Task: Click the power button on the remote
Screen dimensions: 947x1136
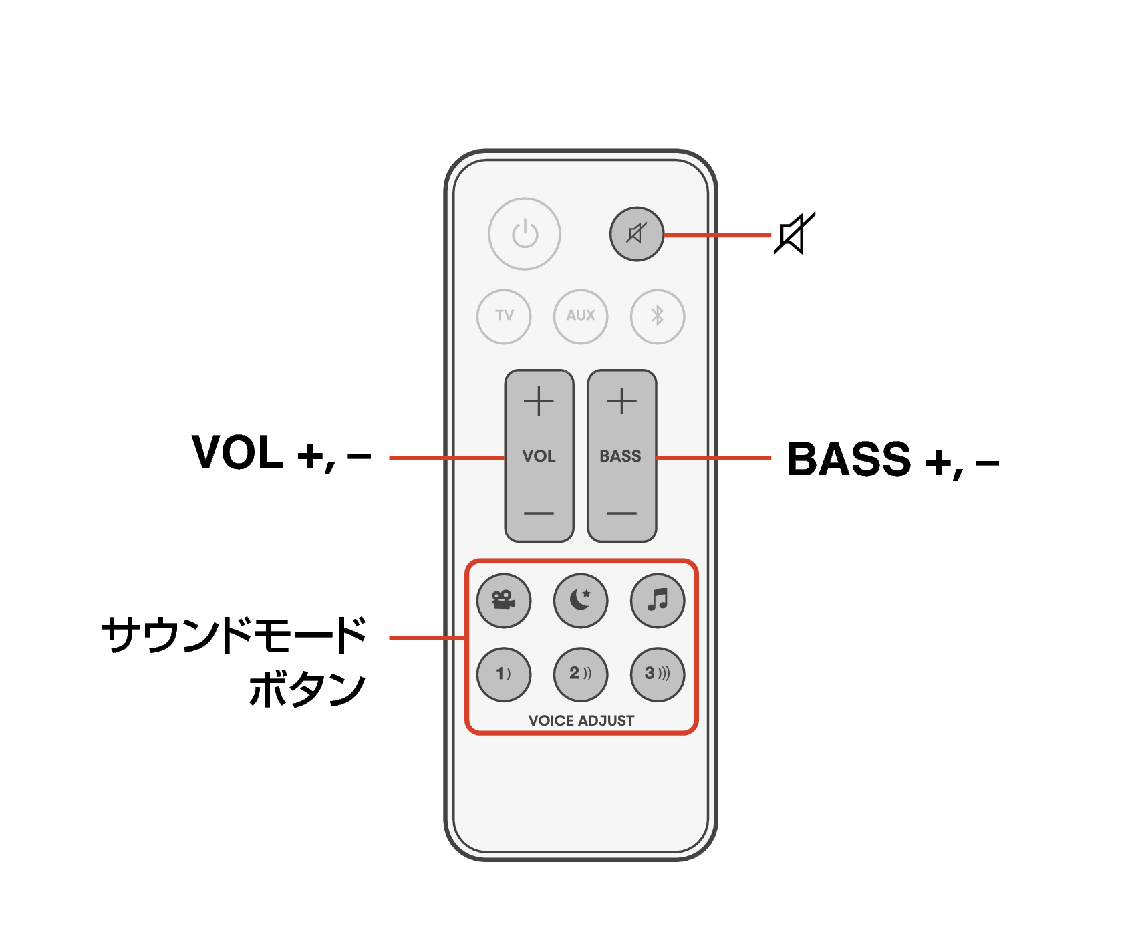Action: coord(525,234)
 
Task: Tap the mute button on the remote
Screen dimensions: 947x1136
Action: coord(636,234)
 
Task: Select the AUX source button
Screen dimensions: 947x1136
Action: coord(581,316)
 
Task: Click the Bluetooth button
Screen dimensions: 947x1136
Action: coord(658,316)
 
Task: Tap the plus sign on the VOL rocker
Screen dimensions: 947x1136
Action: coord(539,402)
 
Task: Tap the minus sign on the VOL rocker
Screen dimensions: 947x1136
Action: coord(539,513)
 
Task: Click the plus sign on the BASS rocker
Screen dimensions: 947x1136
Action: coord(621,402)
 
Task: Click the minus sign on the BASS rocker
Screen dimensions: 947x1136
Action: coord(621,513)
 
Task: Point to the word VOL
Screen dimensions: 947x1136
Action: coord(539,456)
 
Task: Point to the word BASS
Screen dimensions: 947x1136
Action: coord(620,456)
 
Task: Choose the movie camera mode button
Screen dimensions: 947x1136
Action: coord(504,600)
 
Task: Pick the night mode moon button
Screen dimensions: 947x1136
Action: coord(581,600)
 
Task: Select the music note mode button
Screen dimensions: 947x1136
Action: coord(658,600)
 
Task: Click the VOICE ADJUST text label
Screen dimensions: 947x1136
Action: coord(581,720)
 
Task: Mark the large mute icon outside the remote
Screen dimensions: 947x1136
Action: coord(794,234)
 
